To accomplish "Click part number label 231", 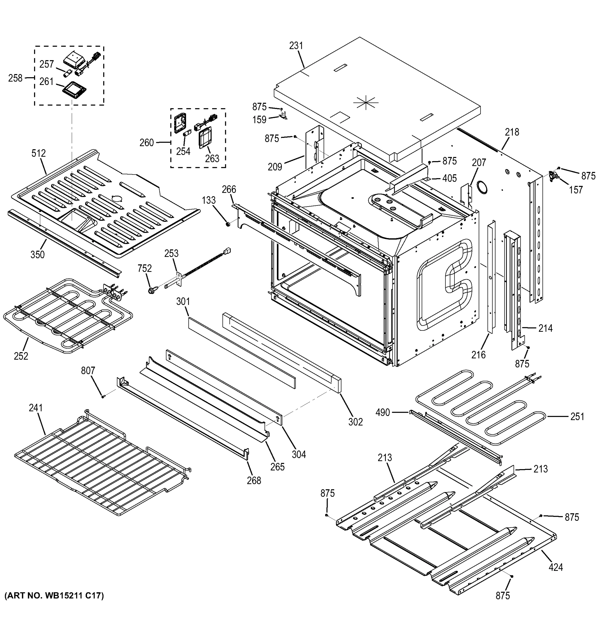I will pos(296,46).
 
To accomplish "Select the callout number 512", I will pos(39,153).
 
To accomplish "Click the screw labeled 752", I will pos(151,290).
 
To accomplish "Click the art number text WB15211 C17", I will pos(54,596).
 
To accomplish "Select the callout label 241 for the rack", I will pos(36,408).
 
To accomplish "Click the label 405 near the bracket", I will pos(449,178).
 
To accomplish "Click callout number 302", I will pos(355,422).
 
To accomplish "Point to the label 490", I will pos(383,412).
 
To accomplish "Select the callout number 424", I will pos(556,567).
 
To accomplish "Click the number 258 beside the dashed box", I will pos(15,78).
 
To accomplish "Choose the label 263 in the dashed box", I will pos(212,158).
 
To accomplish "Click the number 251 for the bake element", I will pos(577,417).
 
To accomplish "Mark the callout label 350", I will pos(38,255).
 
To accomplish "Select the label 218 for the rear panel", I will pos(512,132).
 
